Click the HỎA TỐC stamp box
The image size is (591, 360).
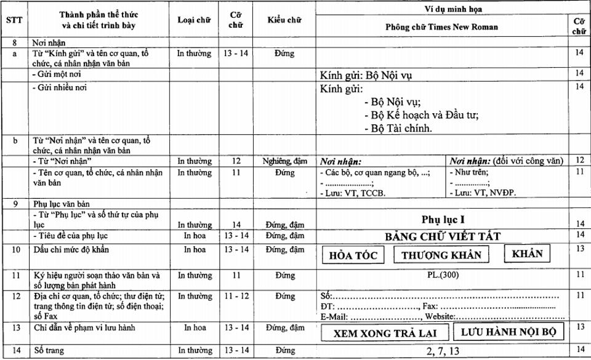click(353, 255)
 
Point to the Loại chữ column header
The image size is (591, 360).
click(194, 20)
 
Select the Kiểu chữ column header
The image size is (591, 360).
click(284, 20)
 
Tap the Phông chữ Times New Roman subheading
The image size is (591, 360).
click(441, 27)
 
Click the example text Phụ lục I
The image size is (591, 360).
click(441, 220)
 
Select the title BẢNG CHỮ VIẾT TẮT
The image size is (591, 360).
click(441, 236)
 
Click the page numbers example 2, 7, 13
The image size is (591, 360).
click(441, 351)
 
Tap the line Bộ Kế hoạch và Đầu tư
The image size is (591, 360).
click(421, 114)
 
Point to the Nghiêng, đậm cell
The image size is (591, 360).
click(284, 161)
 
